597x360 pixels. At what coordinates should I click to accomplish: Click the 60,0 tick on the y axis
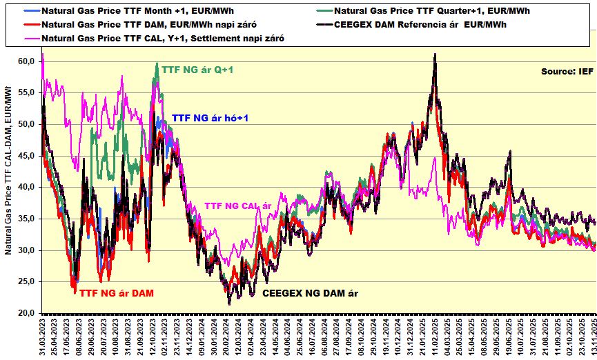pos(26,61)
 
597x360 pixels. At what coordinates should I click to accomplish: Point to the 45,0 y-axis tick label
pos(26,156)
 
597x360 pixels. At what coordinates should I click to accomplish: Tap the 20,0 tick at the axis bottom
pos(26,313)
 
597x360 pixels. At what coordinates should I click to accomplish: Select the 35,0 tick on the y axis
pos(26,219)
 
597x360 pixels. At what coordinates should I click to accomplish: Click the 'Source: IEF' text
pos(566,72)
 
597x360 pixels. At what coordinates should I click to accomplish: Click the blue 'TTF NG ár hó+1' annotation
pos(210,119)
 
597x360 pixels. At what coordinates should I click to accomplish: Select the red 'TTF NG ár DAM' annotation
pos(117,293)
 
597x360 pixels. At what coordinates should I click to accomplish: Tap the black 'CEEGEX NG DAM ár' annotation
pos(310,293)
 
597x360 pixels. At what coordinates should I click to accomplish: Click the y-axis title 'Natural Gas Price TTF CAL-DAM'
pos(9,169)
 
